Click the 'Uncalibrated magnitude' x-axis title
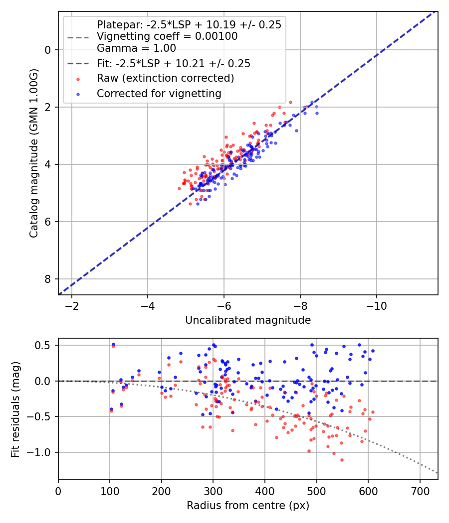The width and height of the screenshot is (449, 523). tap(248, 320)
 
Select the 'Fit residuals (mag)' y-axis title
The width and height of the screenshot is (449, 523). tap(15, 409)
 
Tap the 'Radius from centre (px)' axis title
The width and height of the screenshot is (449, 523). tap(248, 506)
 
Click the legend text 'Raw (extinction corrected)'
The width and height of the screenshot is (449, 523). tap(165, 78)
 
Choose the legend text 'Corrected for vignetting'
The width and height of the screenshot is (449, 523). tap(159, 93)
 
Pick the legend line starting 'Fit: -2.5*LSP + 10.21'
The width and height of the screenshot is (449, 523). tap(173, 64)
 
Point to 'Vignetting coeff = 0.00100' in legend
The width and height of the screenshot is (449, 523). tap(167, 36)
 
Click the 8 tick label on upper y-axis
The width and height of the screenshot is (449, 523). tap(48, 279)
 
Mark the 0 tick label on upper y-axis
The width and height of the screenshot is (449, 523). tap(48, 50)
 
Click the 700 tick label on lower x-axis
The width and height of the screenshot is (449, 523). tap(420, 491)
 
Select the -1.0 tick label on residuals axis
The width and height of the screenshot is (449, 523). tap(41, 452)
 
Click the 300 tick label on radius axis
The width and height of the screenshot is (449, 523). tap(213, 491)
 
